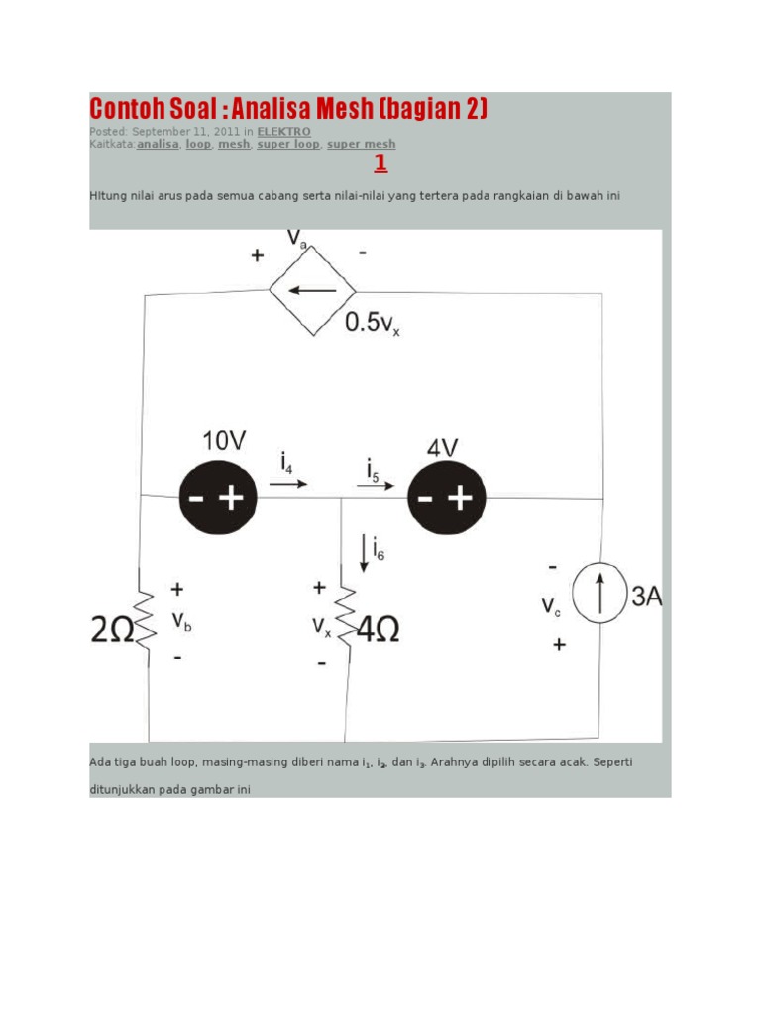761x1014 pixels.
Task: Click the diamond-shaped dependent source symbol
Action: [313, 291]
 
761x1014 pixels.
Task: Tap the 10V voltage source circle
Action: [218, 498]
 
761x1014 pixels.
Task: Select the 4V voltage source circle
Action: [446, 498]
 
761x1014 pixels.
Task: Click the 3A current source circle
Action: [599, 596]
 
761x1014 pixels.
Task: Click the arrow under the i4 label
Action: [288, 485]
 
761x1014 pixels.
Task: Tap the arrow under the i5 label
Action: [376, 486]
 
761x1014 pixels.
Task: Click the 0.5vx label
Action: [373, 323]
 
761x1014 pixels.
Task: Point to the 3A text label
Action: [645, 596]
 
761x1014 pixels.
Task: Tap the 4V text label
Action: [442, 448]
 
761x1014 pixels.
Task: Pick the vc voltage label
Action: [552, 606]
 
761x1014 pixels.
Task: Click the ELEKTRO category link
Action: [283, 131]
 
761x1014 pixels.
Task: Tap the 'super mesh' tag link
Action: [362, 144]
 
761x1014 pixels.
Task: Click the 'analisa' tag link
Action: [158, 144]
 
